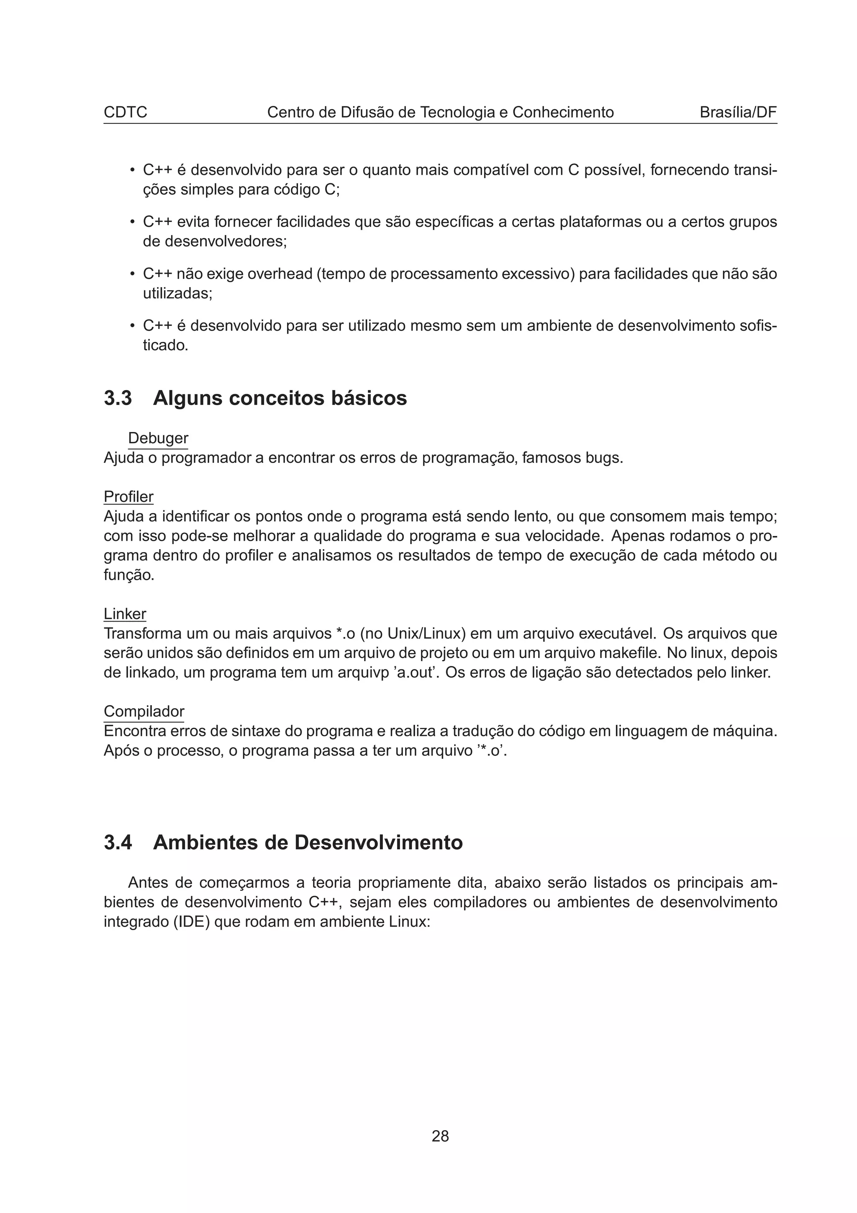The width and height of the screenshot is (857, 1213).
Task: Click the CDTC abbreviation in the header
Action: point(125,113)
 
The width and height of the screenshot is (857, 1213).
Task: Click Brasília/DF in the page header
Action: point(738,113)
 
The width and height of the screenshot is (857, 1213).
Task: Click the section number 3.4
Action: point(118,842)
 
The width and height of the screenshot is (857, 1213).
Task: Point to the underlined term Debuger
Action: point(158,438)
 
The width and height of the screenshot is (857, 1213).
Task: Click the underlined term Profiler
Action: point(128,496)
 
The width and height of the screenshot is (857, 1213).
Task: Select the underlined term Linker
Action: point(125,614)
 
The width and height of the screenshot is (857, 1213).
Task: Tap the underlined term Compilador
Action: point(144,711)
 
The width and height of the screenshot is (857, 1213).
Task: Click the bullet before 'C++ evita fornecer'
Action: point(132,222)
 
